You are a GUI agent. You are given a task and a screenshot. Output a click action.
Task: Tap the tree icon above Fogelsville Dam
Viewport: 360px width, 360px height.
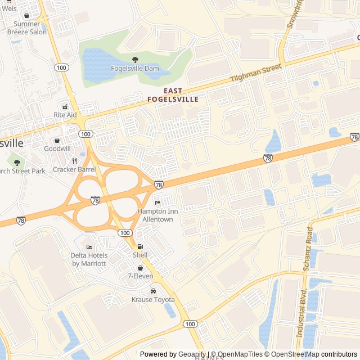click(135, 60)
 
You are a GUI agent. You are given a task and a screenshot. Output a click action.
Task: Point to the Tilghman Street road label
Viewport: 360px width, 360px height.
click(256, 74)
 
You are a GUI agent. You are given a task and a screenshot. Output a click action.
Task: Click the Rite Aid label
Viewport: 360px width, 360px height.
click(65, 115)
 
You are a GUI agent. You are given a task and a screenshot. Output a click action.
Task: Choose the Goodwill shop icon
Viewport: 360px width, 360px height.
click(57, 140)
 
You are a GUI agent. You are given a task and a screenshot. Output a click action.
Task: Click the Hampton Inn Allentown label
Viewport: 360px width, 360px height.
click(157, 215)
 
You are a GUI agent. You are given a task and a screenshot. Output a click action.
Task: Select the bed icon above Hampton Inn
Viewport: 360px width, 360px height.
click(157, 202)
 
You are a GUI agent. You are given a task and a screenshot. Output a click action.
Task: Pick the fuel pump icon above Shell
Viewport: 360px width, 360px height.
click(140, 246)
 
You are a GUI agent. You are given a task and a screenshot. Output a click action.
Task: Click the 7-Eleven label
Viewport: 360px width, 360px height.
click(140, 276)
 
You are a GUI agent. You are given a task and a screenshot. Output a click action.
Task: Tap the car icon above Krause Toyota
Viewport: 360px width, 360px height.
click(153, 291)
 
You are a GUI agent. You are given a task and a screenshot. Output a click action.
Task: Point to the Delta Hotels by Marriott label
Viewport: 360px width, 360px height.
click(88, 259)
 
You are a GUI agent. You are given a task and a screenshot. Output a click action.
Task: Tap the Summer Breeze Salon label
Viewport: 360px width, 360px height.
click(27, 28)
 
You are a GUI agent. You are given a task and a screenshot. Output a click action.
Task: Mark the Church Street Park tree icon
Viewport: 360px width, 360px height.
click(17, 162)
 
